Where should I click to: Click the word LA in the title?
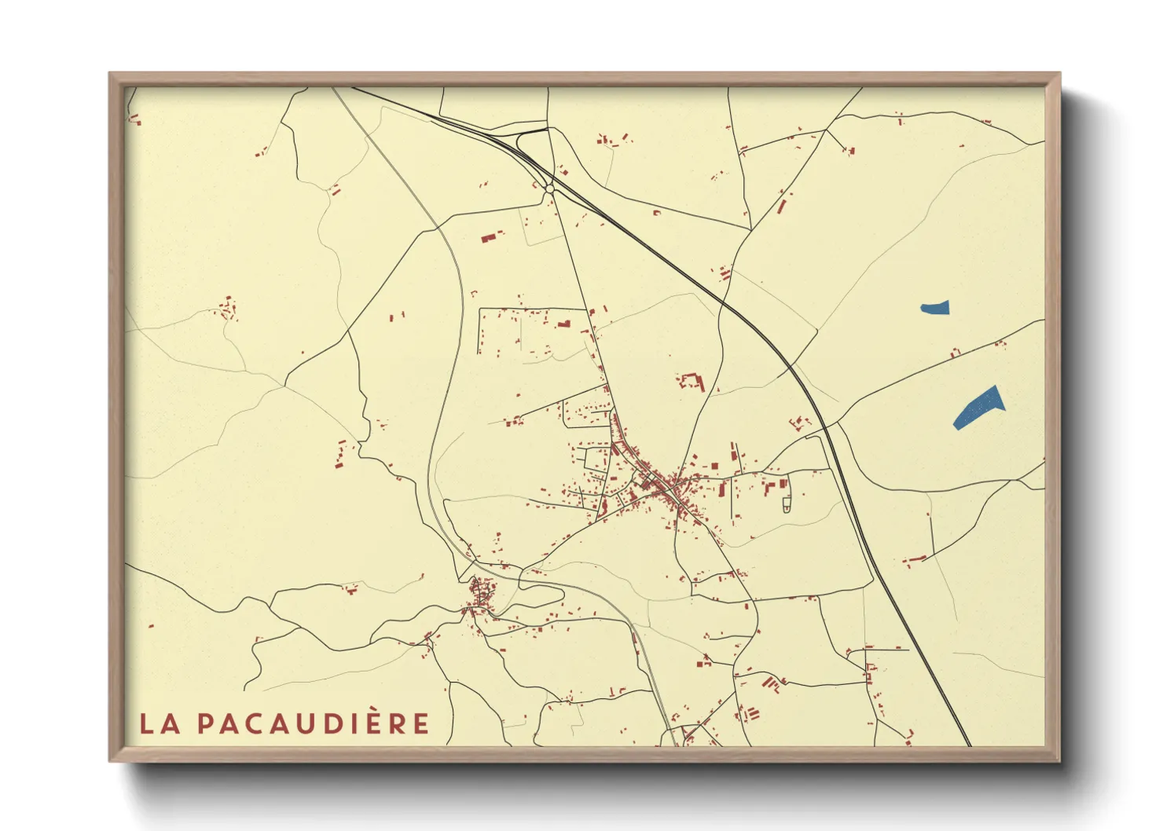(160, 723)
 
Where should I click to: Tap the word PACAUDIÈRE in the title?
(313, 723)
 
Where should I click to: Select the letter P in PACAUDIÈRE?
(206, 723)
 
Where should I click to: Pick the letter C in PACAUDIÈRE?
(253, 723)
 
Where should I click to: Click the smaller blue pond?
(935, 307)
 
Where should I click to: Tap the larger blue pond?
(978, 408)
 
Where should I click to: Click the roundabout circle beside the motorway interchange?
(548, 189)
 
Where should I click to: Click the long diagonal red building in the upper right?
(783, 203)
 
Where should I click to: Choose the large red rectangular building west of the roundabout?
(491, 236)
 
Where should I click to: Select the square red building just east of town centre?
(714, 466)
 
